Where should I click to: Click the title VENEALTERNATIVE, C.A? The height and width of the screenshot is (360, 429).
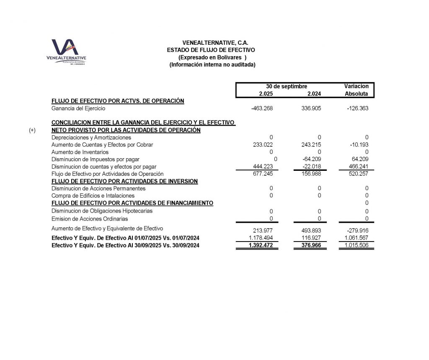click(x=215, y=43)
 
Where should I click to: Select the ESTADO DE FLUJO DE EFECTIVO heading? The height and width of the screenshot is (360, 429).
click(x=211, y=50)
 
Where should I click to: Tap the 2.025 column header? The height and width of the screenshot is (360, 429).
click(x=266, y=94)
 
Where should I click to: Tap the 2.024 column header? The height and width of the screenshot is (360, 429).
click(x=314, y=94)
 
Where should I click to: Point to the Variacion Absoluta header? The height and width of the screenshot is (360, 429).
click(x=356, y=90)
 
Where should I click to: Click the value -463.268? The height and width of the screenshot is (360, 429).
click(x=262, y=109)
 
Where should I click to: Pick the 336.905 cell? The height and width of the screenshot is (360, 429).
click(x=311, y=109)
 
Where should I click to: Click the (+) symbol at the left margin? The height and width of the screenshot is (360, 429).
click(x=32, y=130)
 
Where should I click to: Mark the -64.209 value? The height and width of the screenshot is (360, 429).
click(x=312, y=159)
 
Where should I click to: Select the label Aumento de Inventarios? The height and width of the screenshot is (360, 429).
click(x=80, y=152)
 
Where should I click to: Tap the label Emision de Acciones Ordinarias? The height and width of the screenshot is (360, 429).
click(x=90, y=219)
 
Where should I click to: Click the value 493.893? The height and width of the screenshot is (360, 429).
click(x=311, y=230)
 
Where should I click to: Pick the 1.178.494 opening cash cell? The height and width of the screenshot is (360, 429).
click(x=261, y=238)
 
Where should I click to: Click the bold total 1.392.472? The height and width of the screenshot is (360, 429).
click(x=261, y=245)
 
